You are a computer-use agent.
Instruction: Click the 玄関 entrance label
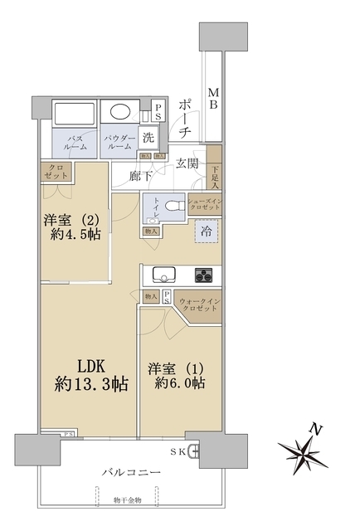(187, 164)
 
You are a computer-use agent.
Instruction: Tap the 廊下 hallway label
(142, 175)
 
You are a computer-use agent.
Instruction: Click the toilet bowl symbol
(171, 207)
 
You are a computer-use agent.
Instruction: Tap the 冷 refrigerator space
(206, 233)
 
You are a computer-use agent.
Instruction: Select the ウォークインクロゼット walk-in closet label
(200, 306)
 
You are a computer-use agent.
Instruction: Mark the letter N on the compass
(314, 429)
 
